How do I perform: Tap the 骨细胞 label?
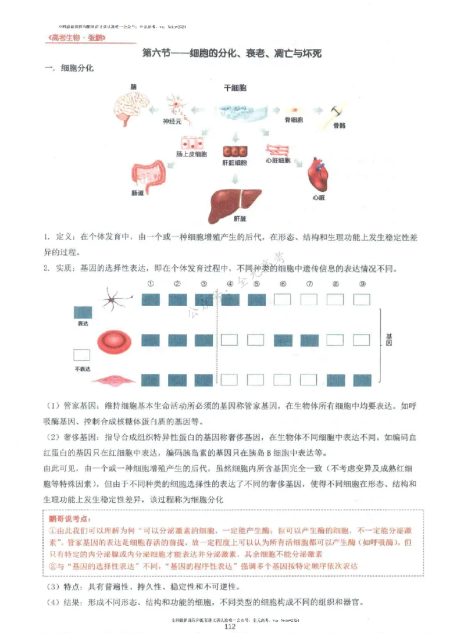point(293,120)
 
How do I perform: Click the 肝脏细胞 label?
point(234,163)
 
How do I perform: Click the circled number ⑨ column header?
point(362,284)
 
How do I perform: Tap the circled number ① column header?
point(151,284)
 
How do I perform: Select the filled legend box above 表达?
point(82,313)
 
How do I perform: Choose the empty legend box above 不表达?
point(82,355)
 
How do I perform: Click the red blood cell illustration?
point(112,340)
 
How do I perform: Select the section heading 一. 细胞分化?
point(69,68)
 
